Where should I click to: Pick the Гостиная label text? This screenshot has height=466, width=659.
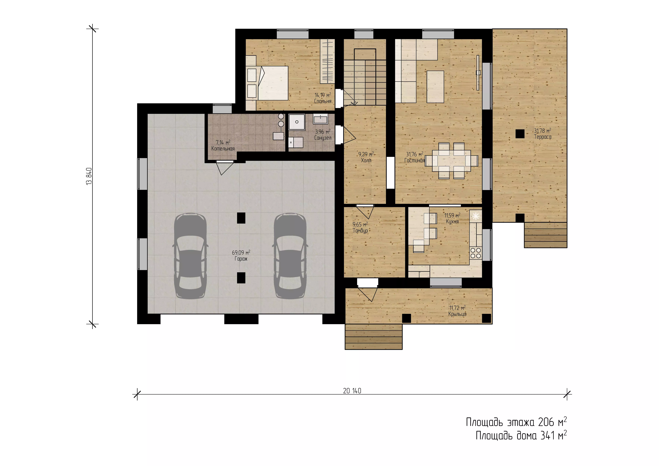415,161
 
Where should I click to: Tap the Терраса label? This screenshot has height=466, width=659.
542,137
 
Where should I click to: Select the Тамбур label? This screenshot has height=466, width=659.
360,231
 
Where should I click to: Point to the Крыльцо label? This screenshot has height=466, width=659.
457,314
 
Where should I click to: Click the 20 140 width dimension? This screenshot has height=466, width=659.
352,391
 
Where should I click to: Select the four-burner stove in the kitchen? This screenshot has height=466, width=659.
476,253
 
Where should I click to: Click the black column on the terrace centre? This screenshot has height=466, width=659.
520,134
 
